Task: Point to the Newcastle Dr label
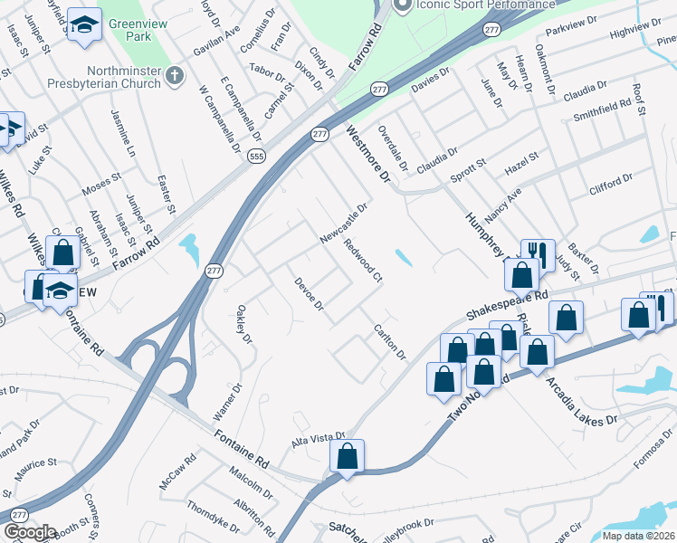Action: tap(344, 223)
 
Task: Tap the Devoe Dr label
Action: tap(309, 294)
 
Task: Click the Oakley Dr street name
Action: tap(243, 323)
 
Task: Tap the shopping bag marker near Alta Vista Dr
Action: tap(348, 457)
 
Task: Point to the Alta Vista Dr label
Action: tap(319, 438)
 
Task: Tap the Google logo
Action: tap(30, 531)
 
